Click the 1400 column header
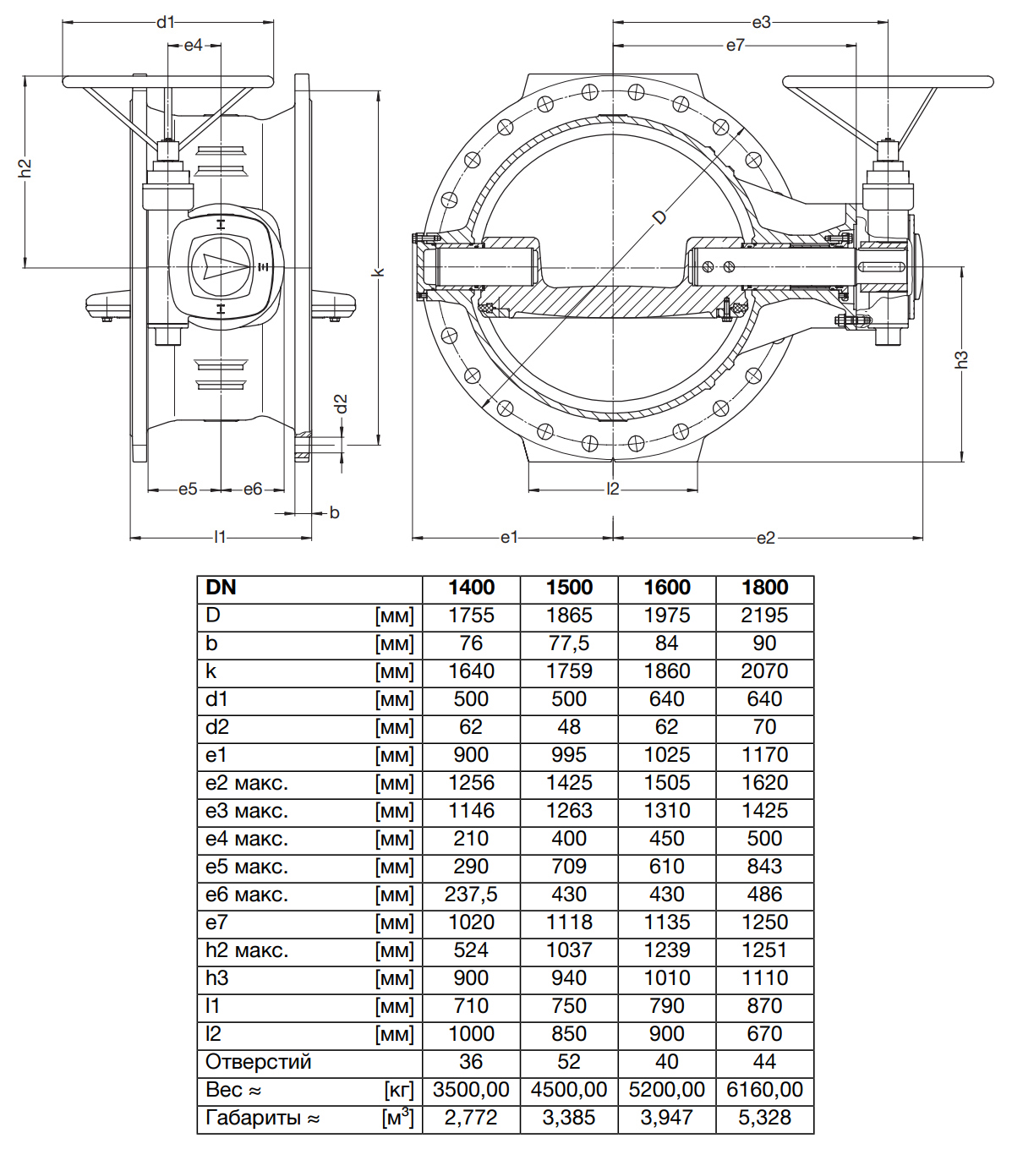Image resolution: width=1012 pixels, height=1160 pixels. point(471,588)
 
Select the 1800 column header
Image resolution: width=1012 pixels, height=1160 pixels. point(764,588)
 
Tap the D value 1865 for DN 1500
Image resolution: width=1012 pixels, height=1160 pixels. point(569,616)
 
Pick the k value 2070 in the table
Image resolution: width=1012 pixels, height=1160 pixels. point(764,671)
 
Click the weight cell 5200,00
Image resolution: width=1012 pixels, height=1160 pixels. point(666,1090)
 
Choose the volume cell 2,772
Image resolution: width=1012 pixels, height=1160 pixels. point(471,1118)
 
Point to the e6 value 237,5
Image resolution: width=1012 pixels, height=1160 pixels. point(471,895)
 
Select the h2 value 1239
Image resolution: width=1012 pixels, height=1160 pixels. point(666,950)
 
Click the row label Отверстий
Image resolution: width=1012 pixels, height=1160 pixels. point(259,1062)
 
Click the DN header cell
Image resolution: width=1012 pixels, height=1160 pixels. point(222,588)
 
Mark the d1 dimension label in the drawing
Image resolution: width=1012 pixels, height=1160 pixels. point(166,22)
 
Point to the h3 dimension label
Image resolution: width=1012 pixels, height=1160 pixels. point(961,358)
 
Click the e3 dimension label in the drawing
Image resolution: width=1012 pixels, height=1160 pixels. point(761,22)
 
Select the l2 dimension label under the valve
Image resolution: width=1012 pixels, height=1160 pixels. point(613,489)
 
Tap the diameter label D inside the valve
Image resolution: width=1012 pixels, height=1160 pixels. point(659,216)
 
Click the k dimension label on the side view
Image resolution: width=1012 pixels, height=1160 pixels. point(378,271)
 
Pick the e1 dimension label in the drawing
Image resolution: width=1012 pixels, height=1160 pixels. point(508,537)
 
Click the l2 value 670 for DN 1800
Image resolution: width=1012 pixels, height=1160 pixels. point(764,1034)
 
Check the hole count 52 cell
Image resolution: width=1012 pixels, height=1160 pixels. point(569,1062)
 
